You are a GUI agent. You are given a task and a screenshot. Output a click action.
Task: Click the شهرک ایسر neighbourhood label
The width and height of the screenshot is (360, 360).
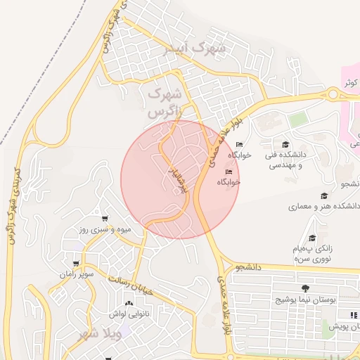point(202,49)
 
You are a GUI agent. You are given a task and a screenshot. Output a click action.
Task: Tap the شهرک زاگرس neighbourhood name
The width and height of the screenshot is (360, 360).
point(165,101)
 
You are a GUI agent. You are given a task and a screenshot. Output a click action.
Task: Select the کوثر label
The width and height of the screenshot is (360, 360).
point(349,82)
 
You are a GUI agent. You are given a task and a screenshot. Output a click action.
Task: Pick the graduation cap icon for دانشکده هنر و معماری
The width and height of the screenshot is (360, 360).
point(324,196)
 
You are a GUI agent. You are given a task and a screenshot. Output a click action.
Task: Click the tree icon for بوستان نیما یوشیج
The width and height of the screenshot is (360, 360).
point(304,288)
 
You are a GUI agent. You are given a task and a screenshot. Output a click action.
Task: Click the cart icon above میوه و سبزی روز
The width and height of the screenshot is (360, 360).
point(105,219)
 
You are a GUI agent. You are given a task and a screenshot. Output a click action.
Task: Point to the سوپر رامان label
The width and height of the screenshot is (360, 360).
point(77,273)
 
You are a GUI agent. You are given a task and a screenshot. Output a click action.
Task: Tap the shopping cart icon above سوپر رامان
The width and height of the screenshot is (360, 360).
point(75,263)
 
